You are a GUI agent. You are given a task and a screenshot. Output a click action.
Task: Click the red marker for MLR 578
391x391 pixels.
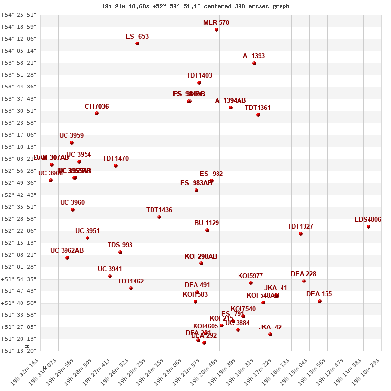click(x=217, y=30)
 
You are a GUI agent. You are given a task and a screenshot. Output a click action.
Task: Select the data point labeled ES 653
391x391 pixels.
click(x=137, y=43)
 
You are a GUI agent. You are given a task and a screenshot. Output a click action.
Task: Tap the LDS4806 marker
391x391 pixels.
click(x=369, y=227)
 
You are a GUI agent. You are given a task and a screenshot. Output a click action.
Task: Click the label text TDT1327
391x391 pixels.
click(x=300, y=226)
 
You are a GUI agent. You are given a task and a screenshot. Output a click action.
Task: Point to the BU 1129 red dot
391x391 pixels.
click(x=207, y=230)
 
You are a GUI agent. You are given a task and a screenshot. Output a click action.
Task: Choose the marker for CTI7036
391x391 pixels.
click(x=97, y=113)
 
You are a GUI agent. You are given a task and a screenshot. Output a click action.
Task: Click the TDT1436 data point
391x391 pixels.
click(x=159, y=217)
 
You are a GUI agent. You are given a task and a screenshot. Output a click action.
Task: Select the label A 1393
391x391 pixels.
click(x=254, y=56)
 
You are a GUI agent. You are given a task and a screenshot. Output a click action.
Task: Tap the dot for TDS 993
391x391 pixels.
click(x=120, y=252)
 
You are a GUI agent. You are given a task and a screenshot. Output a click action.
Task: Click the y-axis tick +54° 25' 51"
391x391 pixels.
click(x=18, y=15)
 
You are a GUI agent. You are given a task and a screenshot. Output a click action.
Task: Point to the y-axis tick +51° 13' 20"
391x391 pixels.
click(x=18, y=351)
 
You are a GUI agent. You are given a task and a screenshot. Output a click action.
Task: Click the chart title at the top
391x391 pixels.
click(x=195, y=6)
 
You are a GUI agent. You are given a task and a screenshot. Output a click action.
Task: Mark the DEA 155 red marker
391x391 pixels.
click(x=320, y=301)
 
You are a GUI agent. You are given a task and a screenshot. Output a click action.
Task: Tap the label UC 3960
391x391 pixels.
click(x=72, y=202)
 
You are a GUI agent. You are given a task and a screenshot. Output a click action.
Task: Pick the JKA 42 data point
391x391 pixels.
click(x=270, y=334)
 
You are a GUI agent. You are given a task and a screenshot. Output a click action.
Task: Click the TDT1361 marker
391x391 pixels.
click(x=258, y=115)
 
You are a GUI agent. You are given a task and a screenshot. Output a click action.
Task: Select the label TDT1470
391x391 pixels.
click(x=116, y=158)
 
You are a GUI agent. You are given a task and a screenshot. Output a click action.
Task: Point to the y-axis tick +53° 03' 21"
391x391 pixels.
click(x=18, y=159)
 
